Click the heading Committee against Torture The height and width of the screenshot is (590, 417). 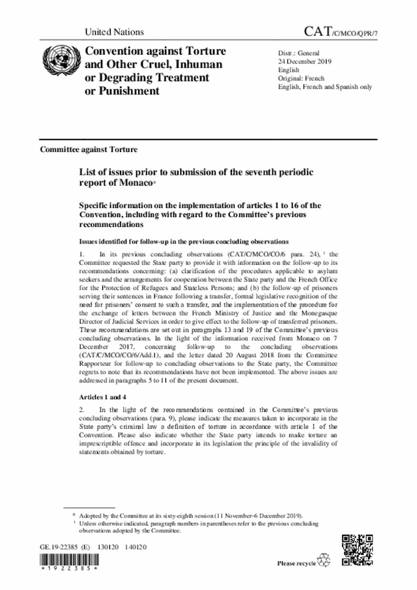(89, 149)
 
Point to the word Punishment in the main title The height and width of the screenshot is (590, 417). (123, 91)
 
